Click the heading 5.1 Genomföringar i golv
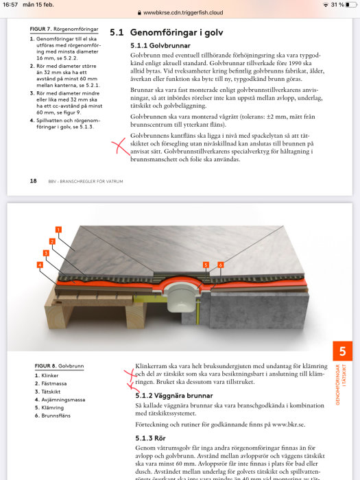tap(167, 32)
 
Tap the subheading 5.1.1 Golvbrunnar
tap(160, 46)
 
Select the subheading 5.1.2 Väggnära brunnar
tap(174, 396)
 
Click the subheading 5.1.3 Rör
tap(150, 438)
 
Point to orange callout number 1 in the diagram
tap(58, 230)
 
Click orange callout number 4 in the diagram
tap(40, 265)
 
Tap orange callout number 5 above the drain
tap(206, 265)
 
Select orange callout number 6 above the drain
tap(220, 265)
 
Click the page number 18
tap(34, 181)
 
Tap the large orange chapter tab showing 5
tap(342, 351)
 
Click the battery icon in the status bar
tap(351, 5)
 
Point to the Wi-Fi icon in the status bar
tap(326, 5)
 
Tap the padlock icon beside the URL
tap(139, 13)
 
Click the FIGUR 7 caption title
tap(64, 29)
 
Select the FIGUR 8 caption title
tap(59, 365)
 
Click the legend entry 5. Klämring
tap(49, 408)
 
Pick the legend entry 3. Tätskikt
tap(47, 392)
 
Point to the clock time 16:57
tap(10, 5)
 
